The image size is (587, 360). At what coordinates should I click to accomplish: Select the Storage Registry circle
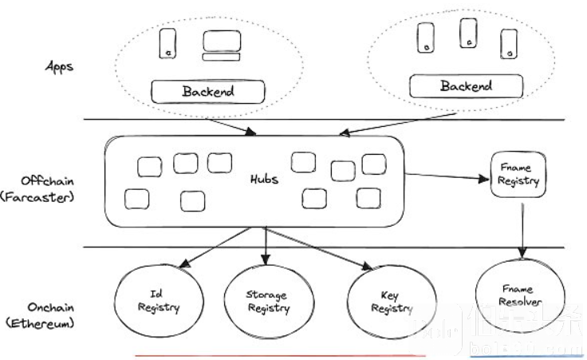click(266, 301)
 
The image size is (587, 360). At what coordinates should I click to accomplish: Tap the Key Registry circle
click(381, 301)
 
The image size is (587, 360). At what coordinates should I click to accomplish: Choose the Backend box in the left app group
click(208, 91)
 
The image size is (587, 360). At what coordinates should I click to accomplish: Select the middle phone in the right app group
click(468, 33)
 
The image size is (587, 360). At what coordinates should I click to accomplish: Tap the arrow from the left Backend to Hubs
click(231, 121)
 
